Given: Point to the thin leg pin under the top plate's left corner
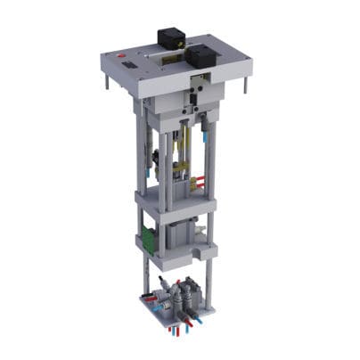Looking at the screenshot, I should tap(109, 82).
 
